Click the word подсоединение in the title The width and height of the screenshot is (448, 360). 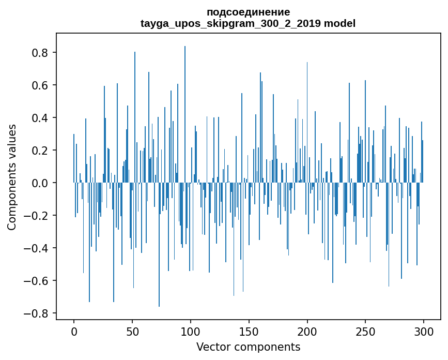[x=248, y=12]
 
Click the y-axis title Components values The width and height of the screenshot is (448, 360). [x=12, y=177]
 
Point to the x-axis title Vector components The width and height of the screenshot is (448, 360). [x=248, y=347]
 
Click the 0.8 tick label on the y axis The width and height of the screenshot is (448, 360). [x=40, y=53]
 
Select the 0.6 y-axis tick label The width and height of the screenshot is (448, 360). [x=40, y=85]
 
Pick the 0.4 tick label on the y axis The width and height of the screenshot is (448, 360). [x=40, y=118]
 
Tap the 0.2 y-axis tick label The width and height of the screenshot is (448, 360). [x=40, y=151]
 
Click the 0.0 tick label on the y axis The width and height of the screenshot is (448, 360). [x=40, y=183]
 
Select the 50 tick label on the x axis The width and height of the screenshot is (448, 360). [x=132, y=331]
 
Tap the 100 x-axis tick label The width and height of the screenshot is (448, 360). [x=191, y=331]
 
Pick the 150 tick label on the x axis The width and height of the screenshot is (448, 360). [x=249, y=331]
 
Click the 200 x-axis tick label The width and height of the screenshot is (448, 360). [x=307, y=331]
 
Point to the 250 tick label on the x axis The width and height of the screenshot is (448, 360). [x=366, y=331]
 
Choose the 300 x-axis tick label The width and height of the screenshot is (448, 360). [x=424, y=331]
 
